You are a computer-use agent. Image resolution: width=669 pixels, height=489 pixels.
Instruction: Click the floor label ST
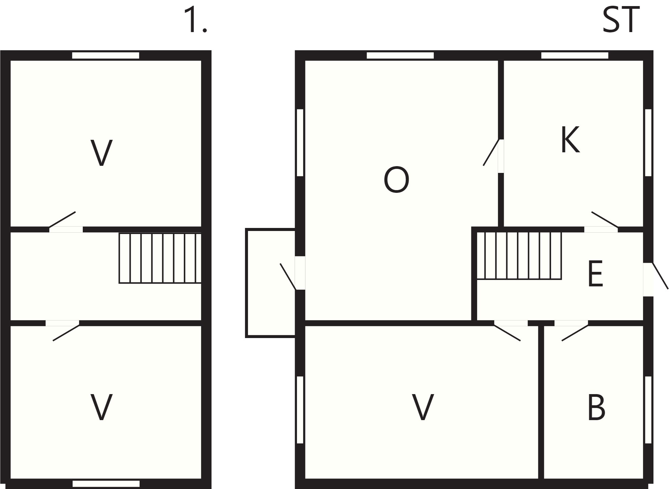621,21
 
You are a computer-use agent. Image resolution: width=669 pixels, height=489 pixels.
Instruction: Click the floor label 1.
195,21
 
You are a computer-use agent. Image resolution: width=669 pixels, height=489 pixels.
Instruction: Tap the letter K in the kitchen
570,139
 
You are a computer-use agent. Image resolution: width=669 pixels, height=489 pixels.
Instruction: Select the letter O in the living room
396,180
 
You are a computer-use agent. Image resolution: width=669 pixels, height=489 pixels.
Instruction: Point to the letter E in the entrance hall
595,274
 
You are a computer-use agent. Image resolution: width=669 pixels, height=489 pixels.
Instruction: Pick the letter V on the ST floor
423,407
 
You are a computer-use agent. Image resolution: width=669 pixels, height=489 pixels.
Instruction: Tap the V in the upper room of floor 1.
101,153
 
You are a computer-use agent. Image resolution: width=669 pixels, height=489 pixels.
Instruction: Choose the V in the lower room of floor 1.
101,407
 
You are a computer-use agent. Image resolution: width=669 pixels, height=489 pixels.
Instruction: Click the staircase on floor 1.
160,258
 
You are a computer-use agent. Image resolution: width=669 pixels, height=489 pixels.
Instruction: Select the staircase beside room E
519,256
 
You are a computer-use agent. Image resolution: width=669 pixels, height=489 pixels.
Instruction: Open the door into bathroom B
575,331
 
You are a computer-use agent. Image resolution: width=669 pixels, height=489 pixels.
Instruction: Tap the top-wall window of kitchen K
575,55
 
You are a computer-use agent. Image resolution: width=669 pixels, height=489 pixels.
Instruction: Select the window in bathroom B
648,410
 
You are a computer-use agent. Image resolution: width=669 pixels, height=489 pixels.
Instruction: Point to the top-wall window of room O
400,55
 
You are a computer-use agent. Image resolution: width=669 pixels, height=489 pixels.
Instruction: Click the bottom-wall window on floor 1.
106,484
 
